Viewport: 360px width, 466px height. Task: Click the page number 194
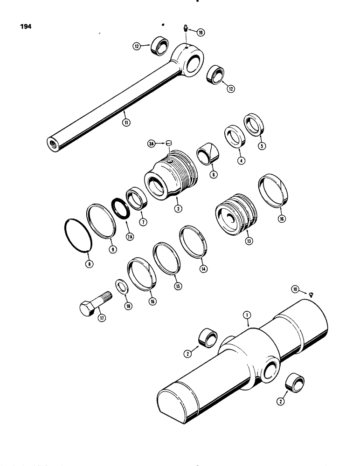26,27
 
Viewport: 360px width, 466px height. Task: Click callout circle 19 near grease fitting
200,32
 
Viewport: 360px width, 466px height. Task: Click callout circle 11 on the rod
126,123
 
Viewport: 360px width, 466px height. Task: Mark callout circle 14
203,268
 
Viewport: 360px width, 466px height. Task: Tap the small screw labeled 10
311,293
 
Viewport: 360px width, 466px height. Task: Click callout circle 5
262,146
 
